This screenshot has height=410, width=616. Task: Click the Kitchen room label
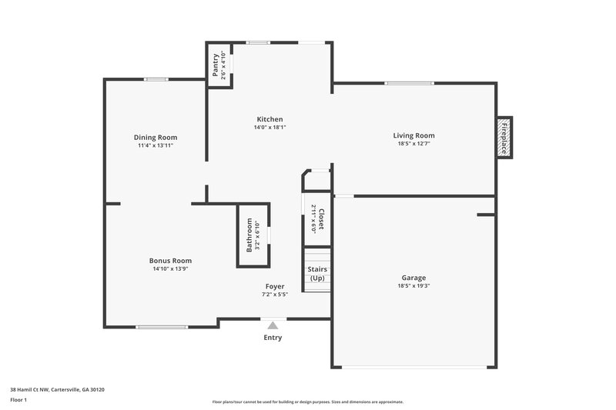pos(270,119)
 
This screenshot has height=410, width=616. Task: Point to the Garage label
pos(413,278)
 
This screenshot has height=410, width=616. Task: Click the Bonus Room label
pos(170,261)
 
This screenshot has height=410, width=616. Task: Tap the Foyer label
pos(275,286)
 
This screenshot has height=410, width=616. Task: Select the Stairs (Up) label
pos(317,274)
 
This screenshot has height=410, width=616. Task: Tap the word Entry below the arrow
pos(273,338)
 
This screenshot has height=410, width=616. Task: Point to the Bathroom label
pos(249,235)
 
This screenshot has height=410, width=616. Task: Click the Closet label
pos(321,219)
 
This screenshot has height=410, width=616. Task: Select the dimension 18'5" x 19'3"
pos(413,286)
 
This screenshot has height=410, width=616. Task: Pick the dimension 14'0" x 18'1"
pos(270,128)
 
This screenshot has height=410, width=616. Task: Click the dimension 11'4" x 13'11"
pos(156,145)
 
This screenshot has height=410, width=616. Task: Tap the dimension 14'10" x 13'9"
pos(170,269)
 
